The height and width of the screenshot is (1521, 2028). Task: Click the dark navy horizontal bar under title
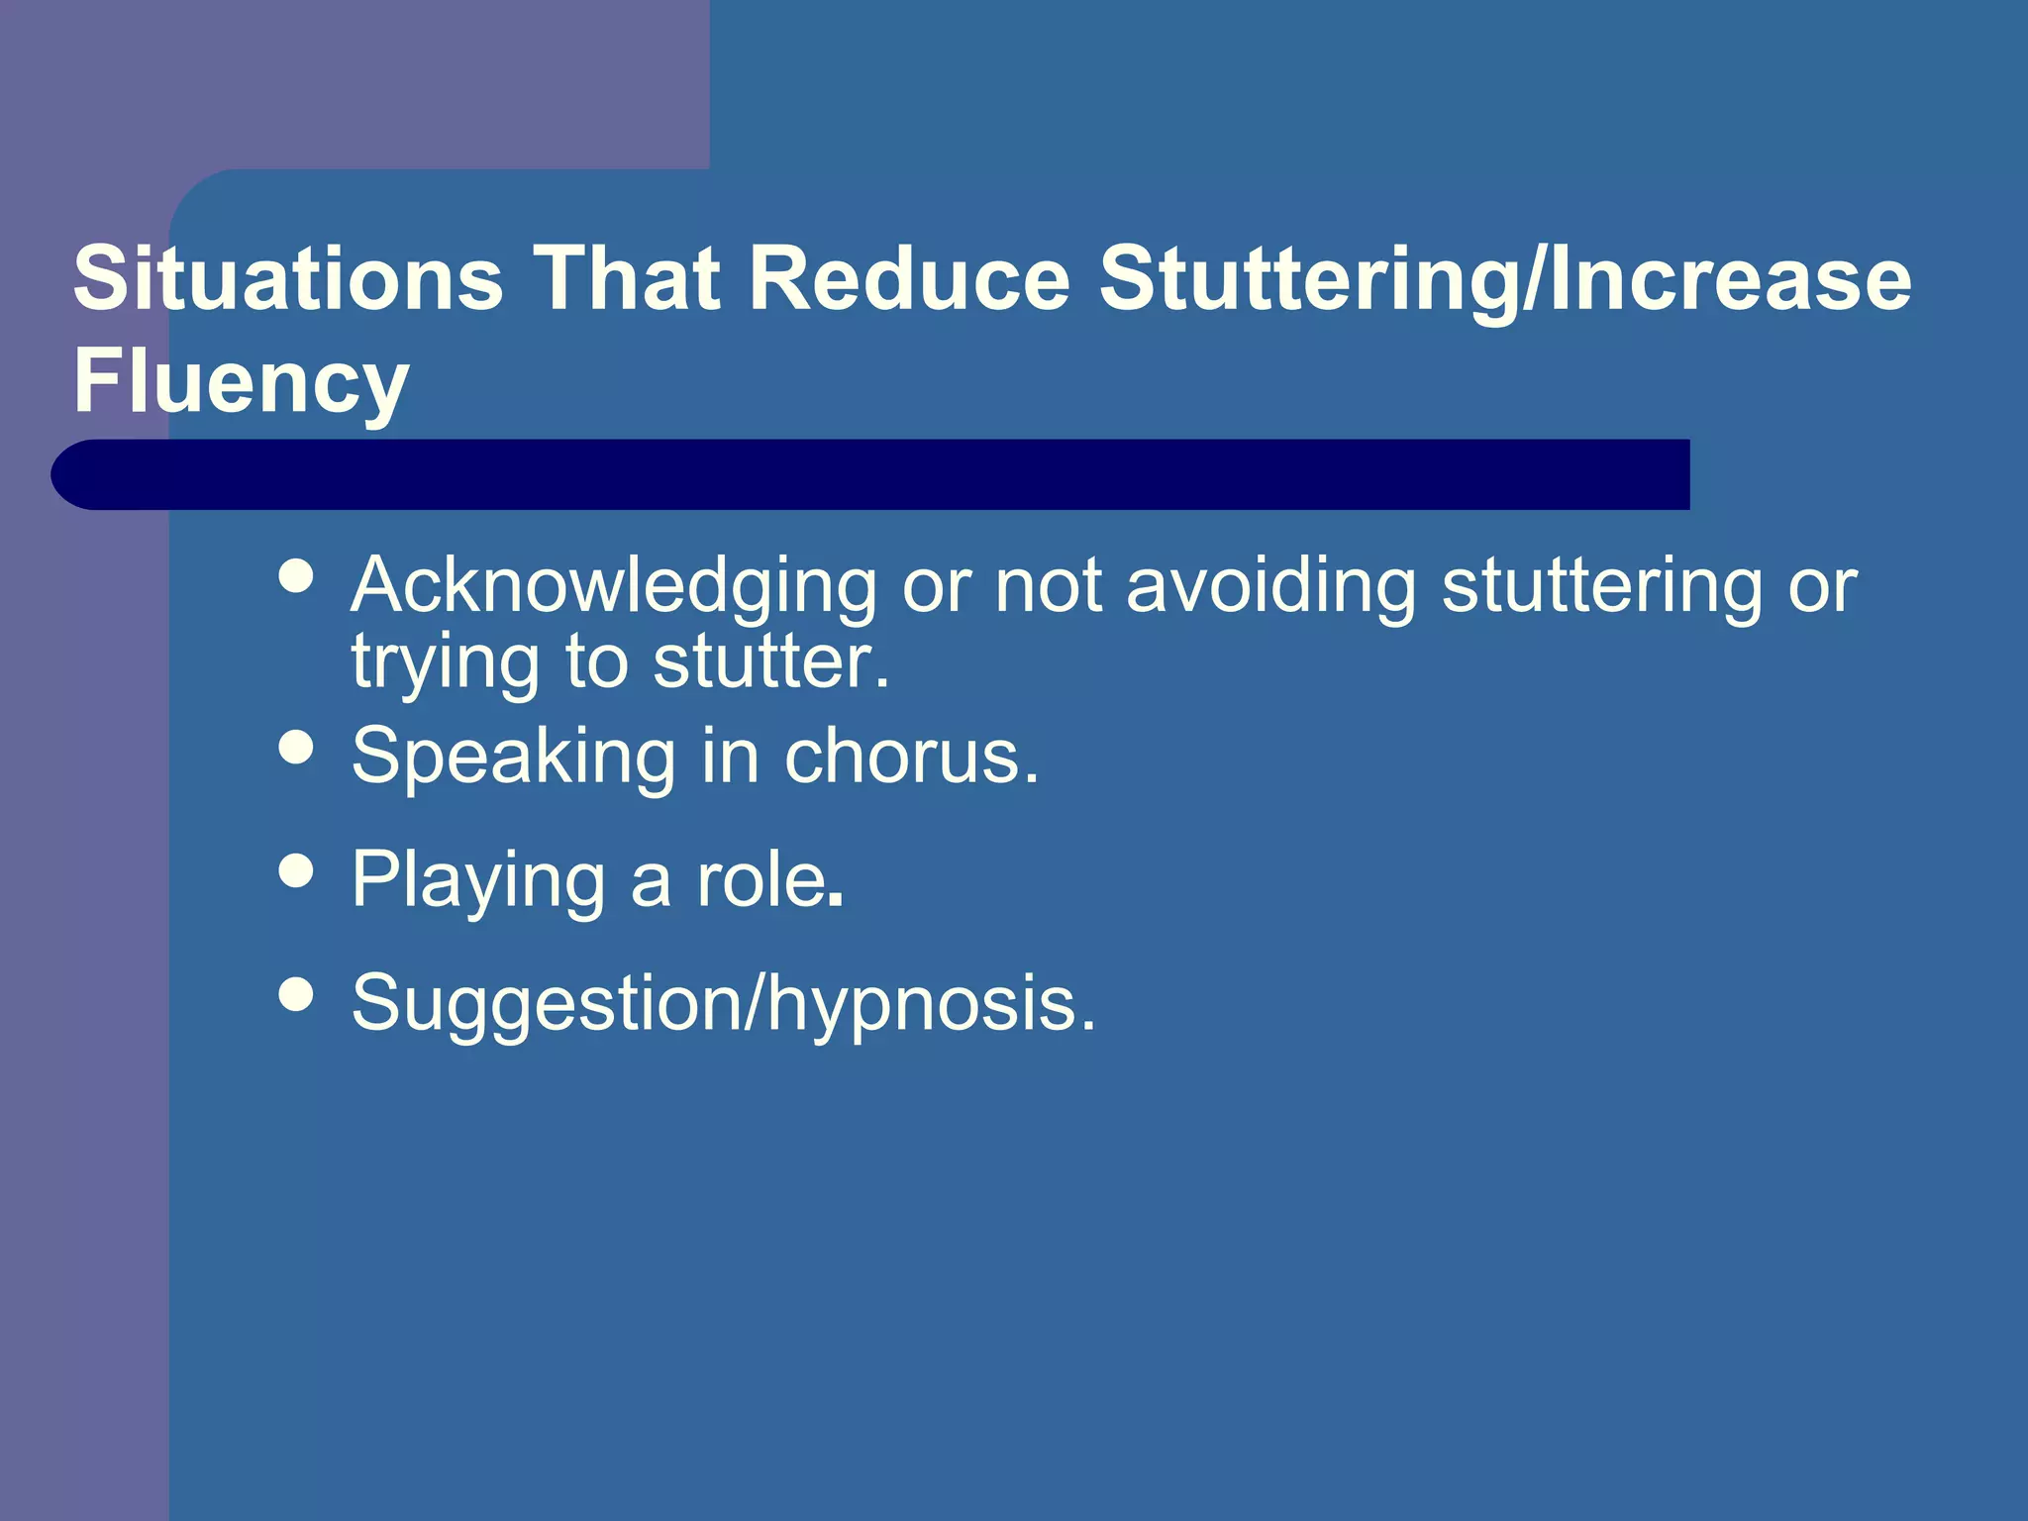click(871, 474)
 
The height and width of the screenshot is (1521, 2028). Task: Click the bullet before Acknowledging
click(296, 575)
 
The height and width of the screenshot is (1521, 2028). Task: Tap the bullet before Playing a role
click(296, 870)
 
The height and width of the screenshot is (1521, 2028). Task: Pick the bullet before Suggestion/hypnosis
click(296, 993)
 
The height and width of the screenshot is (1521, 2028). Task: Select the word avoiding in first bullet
click(1271, 585)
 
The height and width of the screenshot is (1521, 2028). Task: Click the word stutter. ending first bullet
click(771, 661)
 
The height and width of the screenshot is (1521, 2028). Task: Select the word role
click(765, 880)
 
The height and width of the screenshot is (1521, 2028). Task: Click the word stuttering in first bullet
click(1601, 587)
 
